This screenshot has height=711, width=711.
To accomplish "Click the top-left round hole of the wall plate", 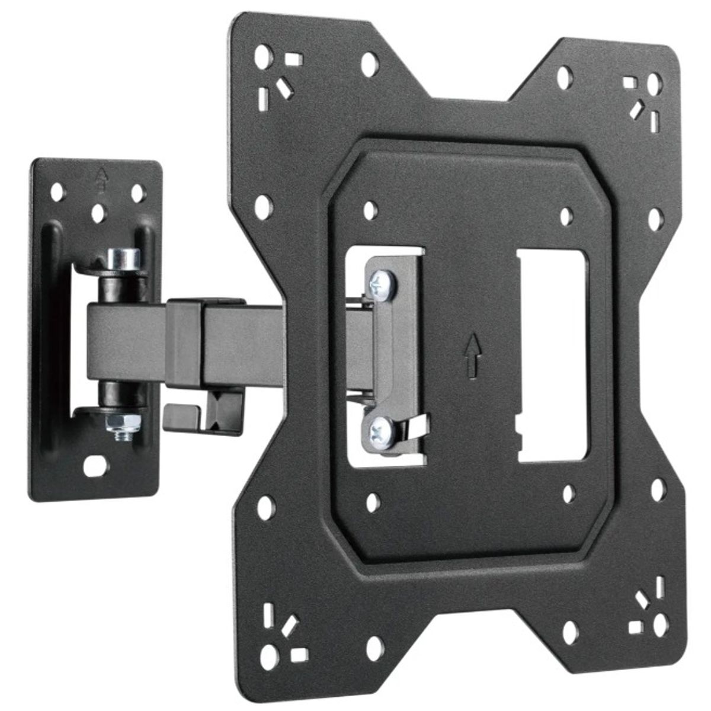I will pos(58,193).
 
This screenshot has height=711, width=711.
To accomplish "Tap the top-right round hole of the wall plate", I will pos(137,193).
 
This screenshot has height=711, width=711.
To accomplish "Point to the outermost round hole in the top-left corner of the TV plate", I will pos(261,59).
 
